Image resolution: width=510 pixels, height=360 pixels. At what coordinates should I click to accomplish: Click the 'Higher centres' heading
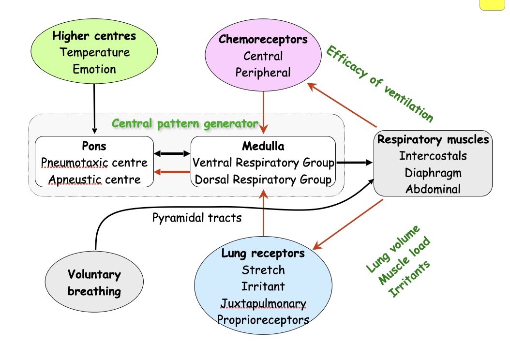[x=94, y=35]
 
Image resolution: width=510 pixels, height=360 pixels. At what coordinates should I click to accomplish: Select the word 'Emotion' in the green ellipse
[x=94, y=69]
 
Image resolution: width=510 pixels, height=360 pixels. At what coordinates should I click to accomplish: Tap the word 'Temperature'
[x=94, y=52]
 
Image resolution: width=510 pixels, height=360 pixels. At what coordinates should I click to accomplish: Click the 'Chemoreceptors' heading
[x=263, y=39]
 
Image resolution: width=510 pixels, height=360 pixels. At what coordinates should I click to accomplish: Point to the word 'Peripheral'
[x=263, y=73]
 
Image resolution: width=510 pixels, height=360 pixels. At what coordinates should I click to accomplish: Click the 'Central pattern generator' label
[x=185, y=123]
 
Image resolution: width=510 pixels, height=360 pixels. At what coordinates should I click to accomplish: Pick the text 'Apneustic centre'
[x=94, y=180]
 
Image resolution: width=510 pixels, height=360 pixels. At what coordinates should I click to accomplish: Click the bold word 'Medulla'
[x=263, y=146]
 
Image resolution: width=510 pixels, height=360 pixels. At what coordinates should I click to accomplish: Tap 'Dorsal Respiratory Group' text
[x=263, y=180]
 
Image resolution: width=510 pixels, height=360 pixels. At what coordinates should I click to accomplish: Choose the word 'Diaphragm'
[x=433, y=172]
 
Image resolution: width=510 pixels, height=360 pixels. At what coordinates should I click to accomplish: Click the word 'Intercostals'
[x=433, y=156]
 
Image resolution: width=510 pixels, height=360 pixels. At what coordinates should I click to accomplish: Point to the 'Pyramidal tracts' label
[x=196, y=218]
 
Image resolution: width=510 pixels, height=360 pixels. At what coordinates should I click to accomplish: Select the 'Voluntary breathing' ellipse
[x=94, y=283]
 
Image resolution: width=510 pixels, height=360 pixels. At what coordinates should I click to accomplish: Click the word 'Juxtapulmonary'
[x=263, y=303]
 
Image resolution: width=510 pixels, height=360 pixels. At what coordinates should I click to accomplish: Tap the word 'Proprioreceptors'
[x=263, y=320]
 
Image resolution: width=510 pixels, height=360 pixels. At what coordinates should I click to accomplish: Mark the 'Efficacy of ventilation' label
[x=380, y=84]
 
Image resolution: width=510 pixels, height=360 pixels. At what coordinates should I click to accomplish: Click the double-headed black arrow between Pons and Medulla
[x=172, y=154]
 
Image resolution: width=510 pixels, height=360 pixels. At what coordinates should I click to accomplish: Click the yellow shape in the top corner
[x=494, y=5]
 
